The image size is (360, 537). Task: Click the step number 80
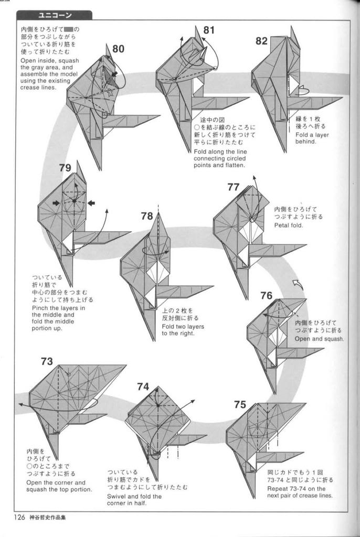tap(118, 49)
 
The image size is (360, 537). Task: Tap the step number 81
tap(209, 30)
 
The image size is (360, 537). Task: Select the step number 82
tap(261, 41)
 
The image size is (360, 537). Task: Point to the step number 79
tap(65, 168)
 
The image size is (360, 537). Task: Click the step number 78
tap(147, 216)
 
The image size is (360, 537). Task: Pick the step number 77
tap(233, 187)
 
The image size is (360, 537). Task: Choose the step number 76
tap(266, 295)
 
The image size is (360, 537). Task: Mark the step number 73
tap(47, 361)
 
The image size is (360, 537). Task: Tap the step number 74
tap(143, 386)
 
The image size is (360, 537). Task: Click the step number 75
tap(240, 404)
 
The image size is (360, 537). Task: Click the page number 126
tap(19, 517)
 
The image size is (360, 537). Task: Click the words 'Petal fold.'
tap(289, 225)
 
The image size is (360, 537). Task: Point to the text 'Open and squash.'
tap(319, 339)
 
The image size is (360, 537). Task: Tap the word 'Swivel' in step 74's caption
tap(116, 496)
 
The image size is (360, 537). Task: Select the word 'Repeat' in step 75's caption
tap(278, 489)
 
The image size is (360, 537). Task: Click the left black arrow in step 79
tap(56, 203)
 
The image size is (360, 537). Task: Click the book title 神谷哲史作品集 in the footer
tap(48, 518)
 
